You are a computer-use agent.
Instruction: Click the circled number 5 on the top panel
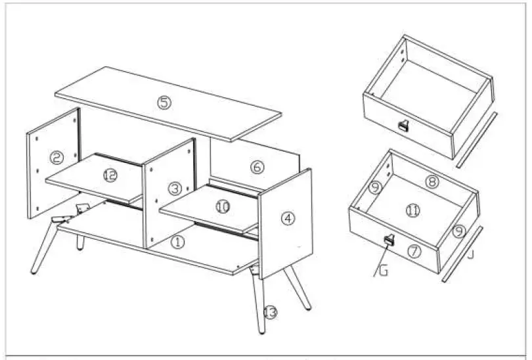click(x=164, y=102)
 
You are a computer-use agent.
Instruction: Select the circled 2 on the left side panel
click(x=56, y=158)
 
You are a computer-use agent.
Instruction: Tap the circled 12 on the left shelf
click(x=110, y=175)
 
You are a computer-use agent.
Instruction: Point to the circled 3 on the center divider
click(x=174, y=189)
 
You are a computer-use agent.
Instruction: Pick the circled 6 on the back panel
click(x=257, y=167)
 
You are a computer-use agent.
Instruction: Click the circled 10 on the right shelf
click(x=223, y=206)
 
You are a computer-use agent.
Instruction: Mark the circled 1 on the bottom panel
click(x=178, y=242)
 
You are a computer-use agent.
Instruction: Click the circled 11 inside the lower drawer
click(x=412, y=211)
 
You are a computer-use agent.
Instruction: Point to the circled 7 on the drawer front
click(x=414, y=250)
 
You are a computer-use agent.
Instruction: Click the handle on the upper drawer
click(x=403, y=126)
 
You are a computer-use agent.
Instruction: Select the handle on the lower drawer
click(x=388, y=240)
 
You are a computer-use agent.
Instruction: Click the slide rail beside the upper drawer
click(x=475, y=140)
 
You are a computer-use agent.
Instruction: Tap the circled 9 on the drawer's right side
click(x=458, y=231)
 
